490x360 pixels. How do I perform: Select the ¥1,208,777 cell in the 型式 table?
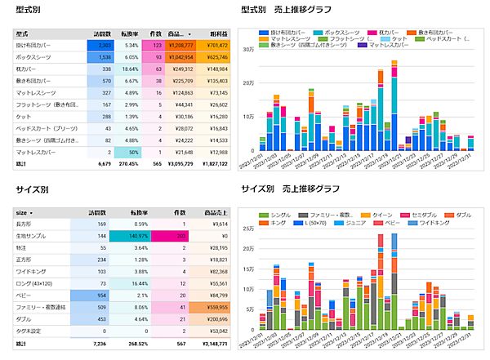pyautogui.click(x=180, y=46)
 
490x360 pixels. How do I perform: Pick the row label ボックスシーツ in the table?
pyautogui.click(x=34, y=58)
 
